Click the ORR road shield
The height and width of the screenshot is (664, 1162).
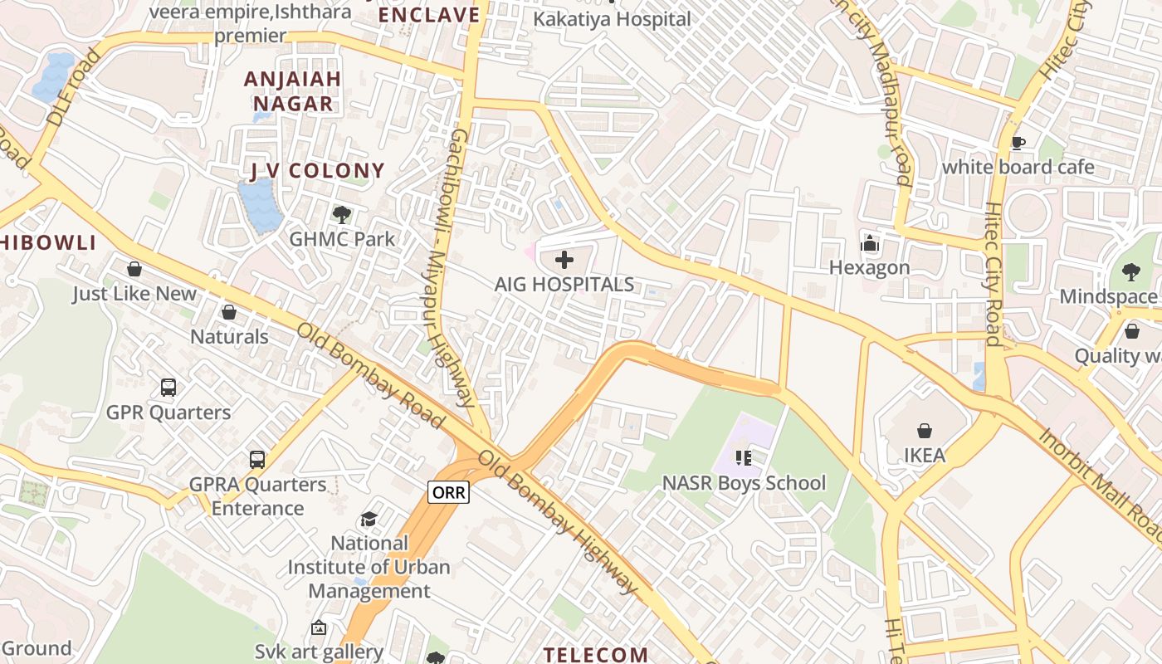[x=449, y=492]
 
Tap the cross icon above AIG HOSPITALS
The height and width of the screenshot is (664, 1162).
[x=564, y=260]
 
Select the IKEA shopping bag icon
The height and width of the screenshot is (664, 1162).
[x=924, y=431]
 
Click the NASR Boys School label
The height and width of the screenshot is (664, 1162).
[x=744, y=483]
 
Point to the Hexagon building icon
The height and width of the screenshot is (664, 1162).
[x=870, y=243]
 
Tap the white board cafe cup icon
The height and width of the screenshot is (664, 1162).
[x=1018, y=143]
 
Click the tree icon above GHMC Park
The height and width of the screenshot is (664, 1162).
[x=341, y=215]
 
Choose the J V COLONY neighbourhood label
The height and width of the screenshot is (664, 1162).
[x=318, y=172]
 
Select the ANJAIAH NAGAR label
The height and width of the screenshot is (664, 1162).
[x=292, y=91]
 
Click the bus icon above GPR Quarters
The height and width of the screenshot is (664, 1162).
[x=168, y=388]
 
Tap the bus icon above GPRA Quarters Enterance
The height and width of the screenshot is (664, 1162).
[x=257, y=459]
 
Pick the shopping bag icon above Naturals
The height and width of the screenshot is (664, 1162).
[x=229, y=312]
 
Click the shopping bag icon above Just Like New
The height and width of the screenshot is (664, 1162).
[x=134, y=269]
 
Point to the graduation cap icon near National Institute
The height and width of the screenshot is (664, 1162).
[x=369, y=520]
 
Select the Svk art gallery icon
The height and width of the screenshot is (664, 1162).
[x=319, y=628]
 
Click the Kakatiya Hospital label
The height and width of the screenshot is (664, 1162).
[x=612, y=19]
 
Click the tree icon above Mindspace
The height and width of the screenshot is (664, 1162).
[x=1130, y=271]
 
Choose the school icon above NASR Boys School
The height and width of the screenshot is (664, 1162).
[x=744, y=458]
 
